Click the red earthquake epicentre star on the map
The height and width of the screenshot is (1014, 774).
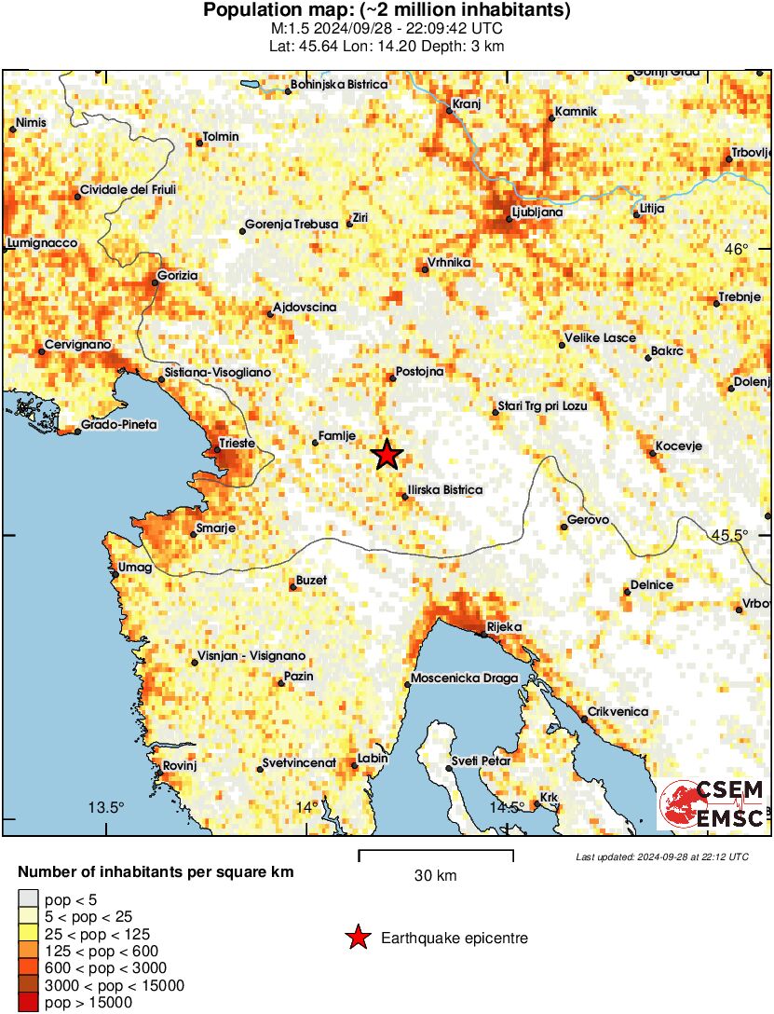pyautogui.click(x=387, y=455)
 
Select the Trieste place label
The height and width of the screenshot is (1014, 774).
pyautogui.click(x=237, y=444)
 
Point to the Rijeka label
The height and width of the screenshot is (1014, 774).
pyautogui.click(x=504, y=627)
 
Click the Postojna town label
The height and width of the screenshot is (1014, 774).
pyautogui.click(x=419, y=371)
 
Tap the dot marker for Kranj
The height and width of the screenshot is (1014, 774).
pyautogui.click(x=449, y=110)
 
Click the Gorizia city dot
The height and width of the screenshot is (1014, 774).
pyautogui.click(x=156, y=283)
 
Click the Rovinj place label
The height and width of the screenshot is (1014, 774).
pyautogui.click(x=179, y=765)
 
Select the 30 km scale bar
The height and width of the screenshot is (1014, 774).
pyautogui.click(x=435, y=856)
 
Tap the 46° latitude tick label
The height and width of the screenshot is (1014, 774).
pyautogui.click(x=737, y=249)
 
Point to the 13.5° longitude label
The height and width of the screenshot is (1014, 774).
pyautogui.click(x=106, y=807)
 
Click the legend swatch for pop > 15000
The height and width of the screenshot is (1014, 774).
pyautogui.click(x=28, y=1003)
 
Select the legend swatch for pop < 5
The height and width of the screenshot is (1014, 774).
pyautogui.click(x=28, y=898)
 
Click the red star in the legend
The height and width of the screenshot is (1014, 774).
pyautogui.click(x=357, y=938)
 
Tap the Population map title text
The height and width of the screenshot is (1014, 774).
pyautogui.click(x=387, y=11)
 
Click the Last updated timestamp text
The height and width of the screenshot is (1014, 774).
pyautogui.click(x=661, y=856)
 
